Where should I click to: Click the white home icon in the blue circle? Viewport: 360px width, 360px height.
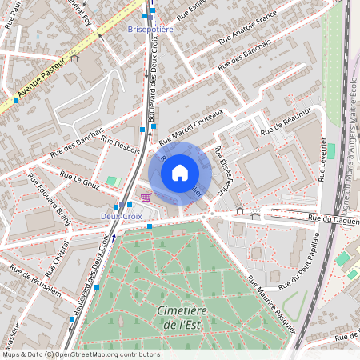coord(180,172)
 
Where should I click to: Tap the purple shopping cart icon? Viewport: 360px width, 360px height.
coord(146,197)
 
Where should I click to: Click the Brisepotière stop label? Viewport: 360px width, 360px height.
coord(150,29)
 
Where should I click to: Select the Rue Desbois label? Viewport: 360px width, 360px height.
coord(119,150)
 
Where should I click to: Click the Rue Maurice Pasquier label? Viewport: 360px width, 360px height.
coord(271,304)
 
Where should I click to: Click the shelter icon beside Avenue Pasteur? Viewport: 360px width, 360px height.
coord(74,58)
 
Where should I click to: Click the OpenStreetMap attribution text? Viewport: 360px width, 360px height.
coord(80,354)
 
